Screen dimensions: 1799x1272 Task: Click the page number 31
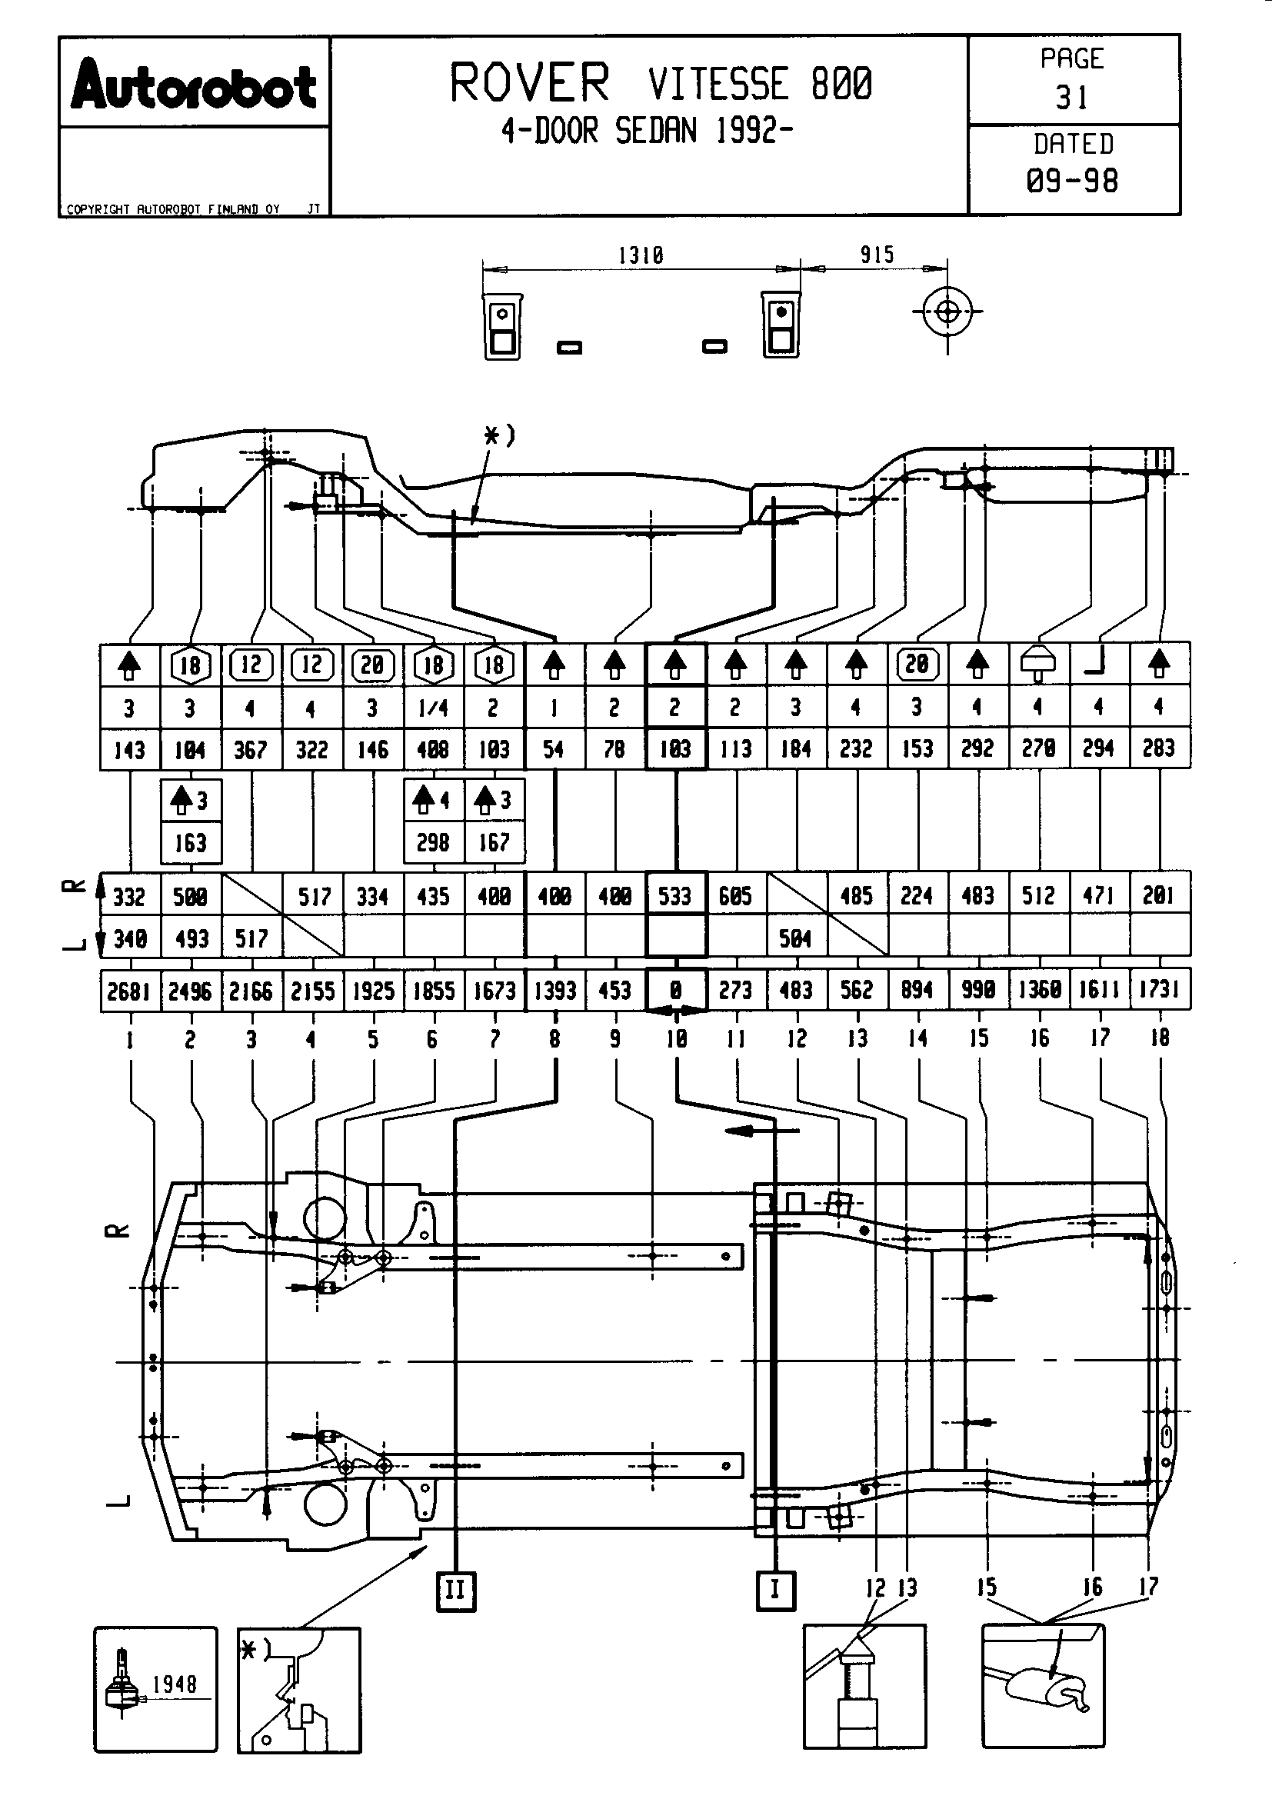pyautogui.click(x=1072, y=97)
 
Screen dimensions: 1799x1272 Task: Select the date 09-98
pyautogui.click(x=1072, y=181)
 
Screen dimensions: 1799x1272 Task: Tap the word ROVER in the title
pyautogui.click(x=529, y=83)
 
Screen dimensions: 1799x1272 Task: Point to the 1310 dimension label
pyautogui.click(x=641, y=255)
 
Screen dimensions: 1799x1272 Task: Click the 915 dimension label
pyautogui.click(x=877, y=255)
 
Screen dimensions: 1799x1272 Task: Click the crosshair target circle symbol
pyautogui.click(x=947, y=311)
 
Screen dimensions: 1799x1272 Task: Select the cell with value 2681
pyautogui.click(x=129, y=991)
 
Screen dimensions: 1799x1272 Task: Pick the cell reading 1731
pyautogui.click(x=1159, y=990)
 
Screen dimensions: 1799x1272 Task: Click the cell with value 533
pyautogui.click(x=675, y=895)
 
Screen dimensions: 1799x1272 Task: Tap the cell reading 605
pyautogui.click(x=735, y=895)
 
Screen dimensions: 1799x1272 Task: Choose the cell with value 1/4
pyautogui.click(x=433, y=708)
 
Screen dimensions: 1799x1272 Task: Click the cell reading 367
pyautogui.click(x=251, y=750)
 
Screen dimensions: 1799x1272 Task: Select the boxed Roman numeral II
pyautogui.click(x=456, y=1591)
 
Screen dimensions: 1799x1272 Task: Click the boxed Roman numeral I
pyautogui.click(x=775, y=1589)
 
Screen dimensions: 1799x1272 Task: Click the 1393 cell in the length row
pyautogui.click(x=554, y=991)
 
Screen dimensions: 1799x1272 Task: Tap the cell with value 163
pyautogui.click(x=190, y=843)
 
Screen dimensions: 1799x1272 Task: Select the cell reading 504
pyautogui.click(x=796, y=938)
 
